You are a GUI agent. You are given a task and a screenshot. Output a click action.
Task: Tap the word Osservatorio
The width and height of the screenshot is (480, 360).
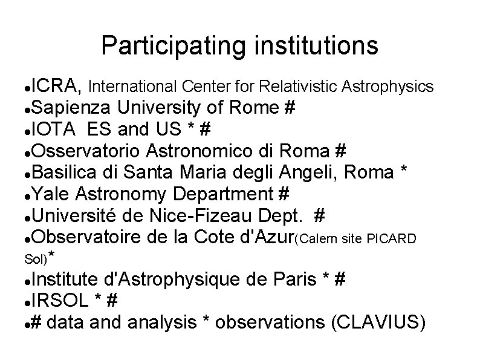tap(82, 150)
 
